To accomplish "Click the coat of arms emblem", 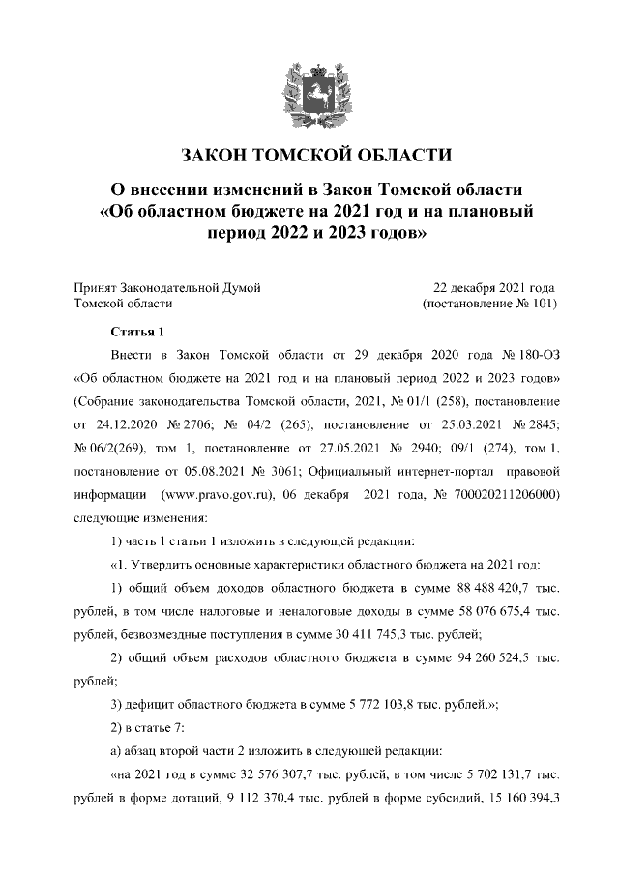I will click(309, 91).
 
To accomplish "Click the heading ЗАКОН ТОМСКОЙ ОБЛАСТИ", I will click(309, 155).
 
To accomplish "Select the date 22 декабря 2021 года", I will click(494, 288).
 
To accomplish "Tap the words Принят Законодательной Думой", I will click(167, 288).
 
